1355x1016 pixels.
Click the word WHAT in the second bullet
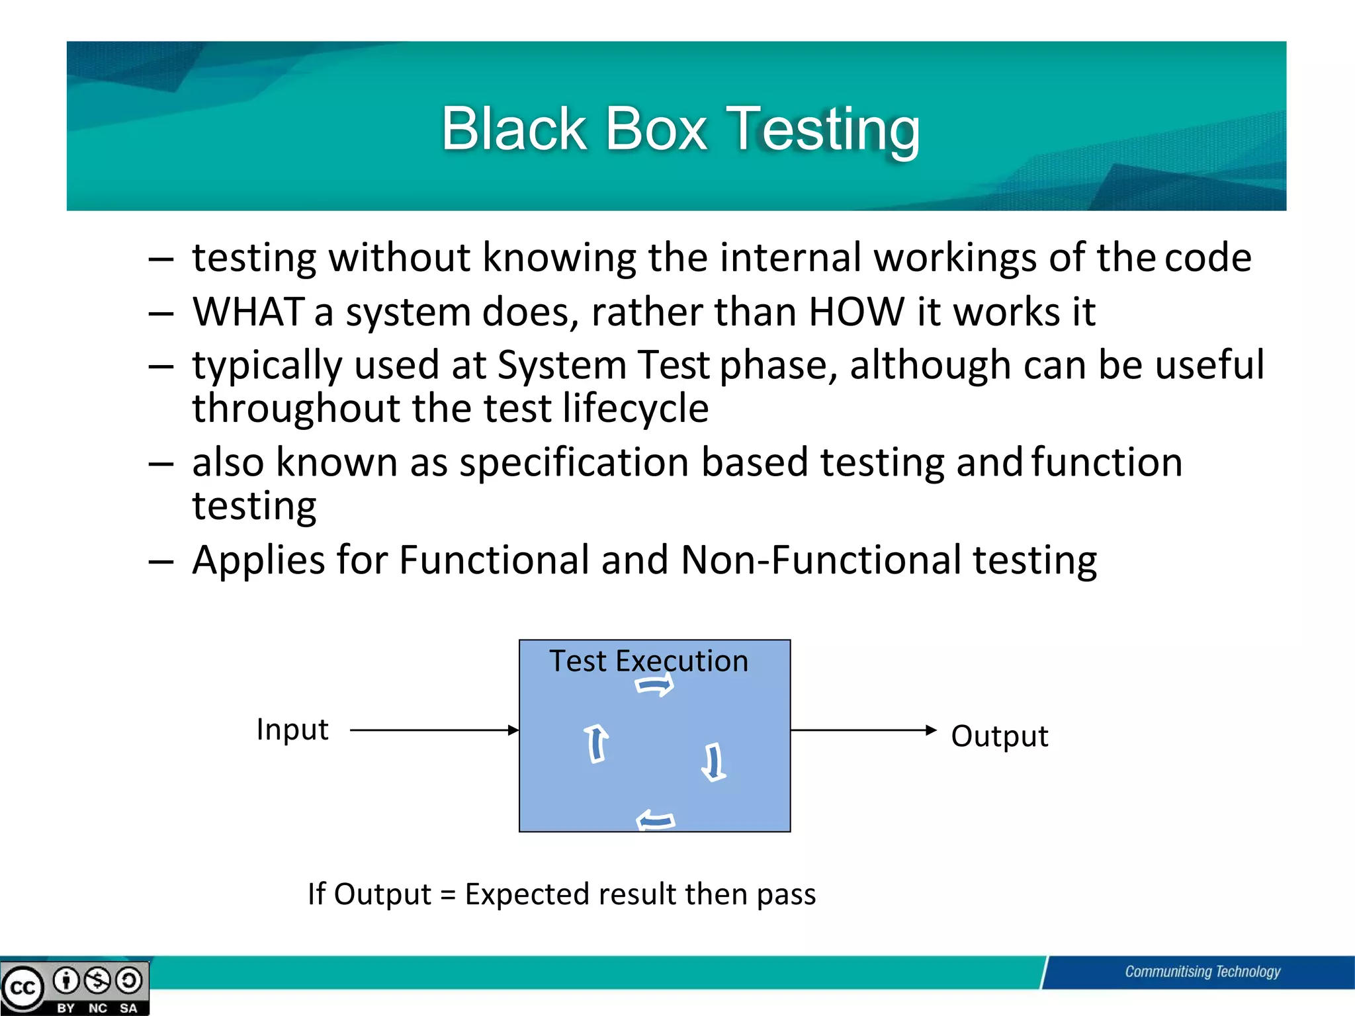click(x=248, y=312)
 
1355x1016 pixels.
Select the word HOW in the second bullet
click(x=856, y=312)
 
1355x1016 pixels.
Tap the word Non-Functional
click(x=820, y=560)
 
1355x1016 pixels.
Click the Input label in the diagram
click(x=292, y=730)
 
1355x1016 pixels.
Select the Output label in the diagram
click(x=999, y=736)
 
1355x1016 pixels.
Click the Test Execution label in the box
click(x=648, y=661)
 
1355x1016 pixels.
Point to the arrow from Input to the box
click(x=433, y=730)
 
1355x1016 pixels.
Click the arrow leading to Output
click(x=863, y=730)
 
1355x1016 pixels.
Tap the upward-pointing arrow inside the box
click(x=596, y=743)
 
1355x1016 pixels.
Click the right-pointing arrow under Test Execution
click(x=654, y=685)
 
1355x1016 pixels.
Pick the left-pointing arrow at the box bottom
click(x=655, y=821)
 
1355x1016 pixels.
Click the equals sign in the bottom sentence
click(x=448, y=895)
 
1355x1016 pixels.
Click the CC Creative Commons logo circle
click(x=23, y=988)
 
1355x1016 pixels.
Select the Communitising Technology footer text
click(x=1202, y=972)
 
